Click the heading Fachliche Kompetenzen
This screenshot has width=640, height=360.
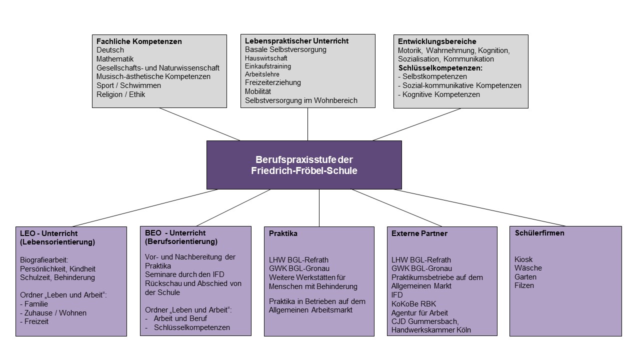point(139,41)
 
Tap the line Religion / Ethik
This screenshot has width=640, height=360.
point(120,94)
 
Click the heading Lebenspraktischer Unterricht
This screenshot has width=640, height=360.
point(296,41)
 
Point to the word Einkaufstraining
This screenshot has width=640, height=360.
point(268,66)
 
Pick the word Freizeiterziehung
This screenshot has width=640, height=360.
point(273,82)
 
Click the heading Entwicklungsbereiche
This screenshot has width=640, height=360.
point(437,41)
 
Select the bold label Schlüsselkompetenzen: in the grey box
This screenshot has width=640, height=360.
point(440,68)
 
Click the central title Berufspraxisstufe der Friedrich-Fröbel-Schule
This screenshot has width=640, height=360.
point(304,164)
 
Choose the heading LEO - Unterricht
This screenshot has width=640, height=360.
point(48,233)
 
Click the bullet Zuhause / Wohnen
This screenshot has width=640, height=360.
point(55,313)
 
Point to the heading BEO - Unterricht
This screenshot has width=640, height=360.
point(174,233)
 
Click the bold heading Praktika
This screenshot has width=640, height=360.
point(283,233)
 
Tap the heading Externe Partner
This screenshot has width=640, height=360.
point(419,233)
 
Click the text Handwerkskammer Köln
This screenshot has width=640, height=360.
point(431,330)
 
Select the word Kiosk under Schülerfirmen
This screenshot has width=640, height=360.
point(523,259)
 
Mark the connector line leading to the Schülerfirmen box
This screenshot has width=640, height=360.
point(480,207)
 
